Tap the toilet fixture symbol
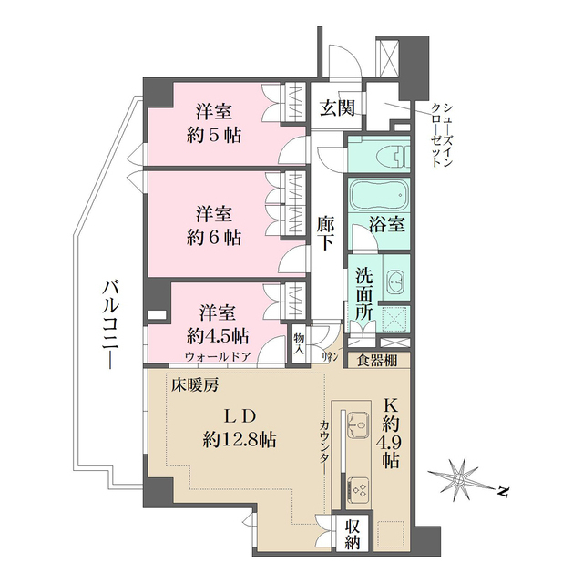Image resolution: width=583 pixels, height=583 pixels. click(x=394, y=157)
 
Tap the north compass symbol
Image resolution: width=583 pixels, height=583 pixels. click(x=465, y=478)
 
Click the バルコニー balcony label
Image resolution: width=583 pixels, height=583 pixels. click(x=110, y=324)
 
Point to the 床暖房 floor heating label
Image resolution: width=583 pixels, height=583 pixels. click(x=195, y=384)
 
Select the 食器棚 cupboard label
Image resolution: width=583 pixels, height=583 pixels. click(x=376, y=360)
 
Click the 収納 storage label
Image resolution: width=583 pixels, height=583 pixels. click(x=353, y=535)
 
